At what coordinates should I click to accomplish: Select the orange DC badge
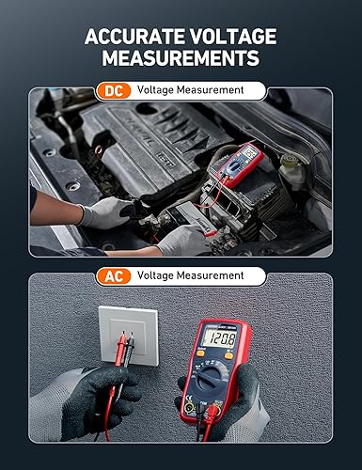click(113, 90)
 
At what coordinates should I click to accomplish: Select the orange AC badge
click(113, 275)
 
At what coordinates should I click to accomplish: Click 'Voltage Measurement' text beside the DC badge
click(190, 90)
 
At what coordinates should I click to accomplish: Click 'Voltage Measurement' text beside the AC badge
click(190, 275)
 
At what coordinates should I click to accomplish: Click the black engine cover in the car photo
click(155, 141)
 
